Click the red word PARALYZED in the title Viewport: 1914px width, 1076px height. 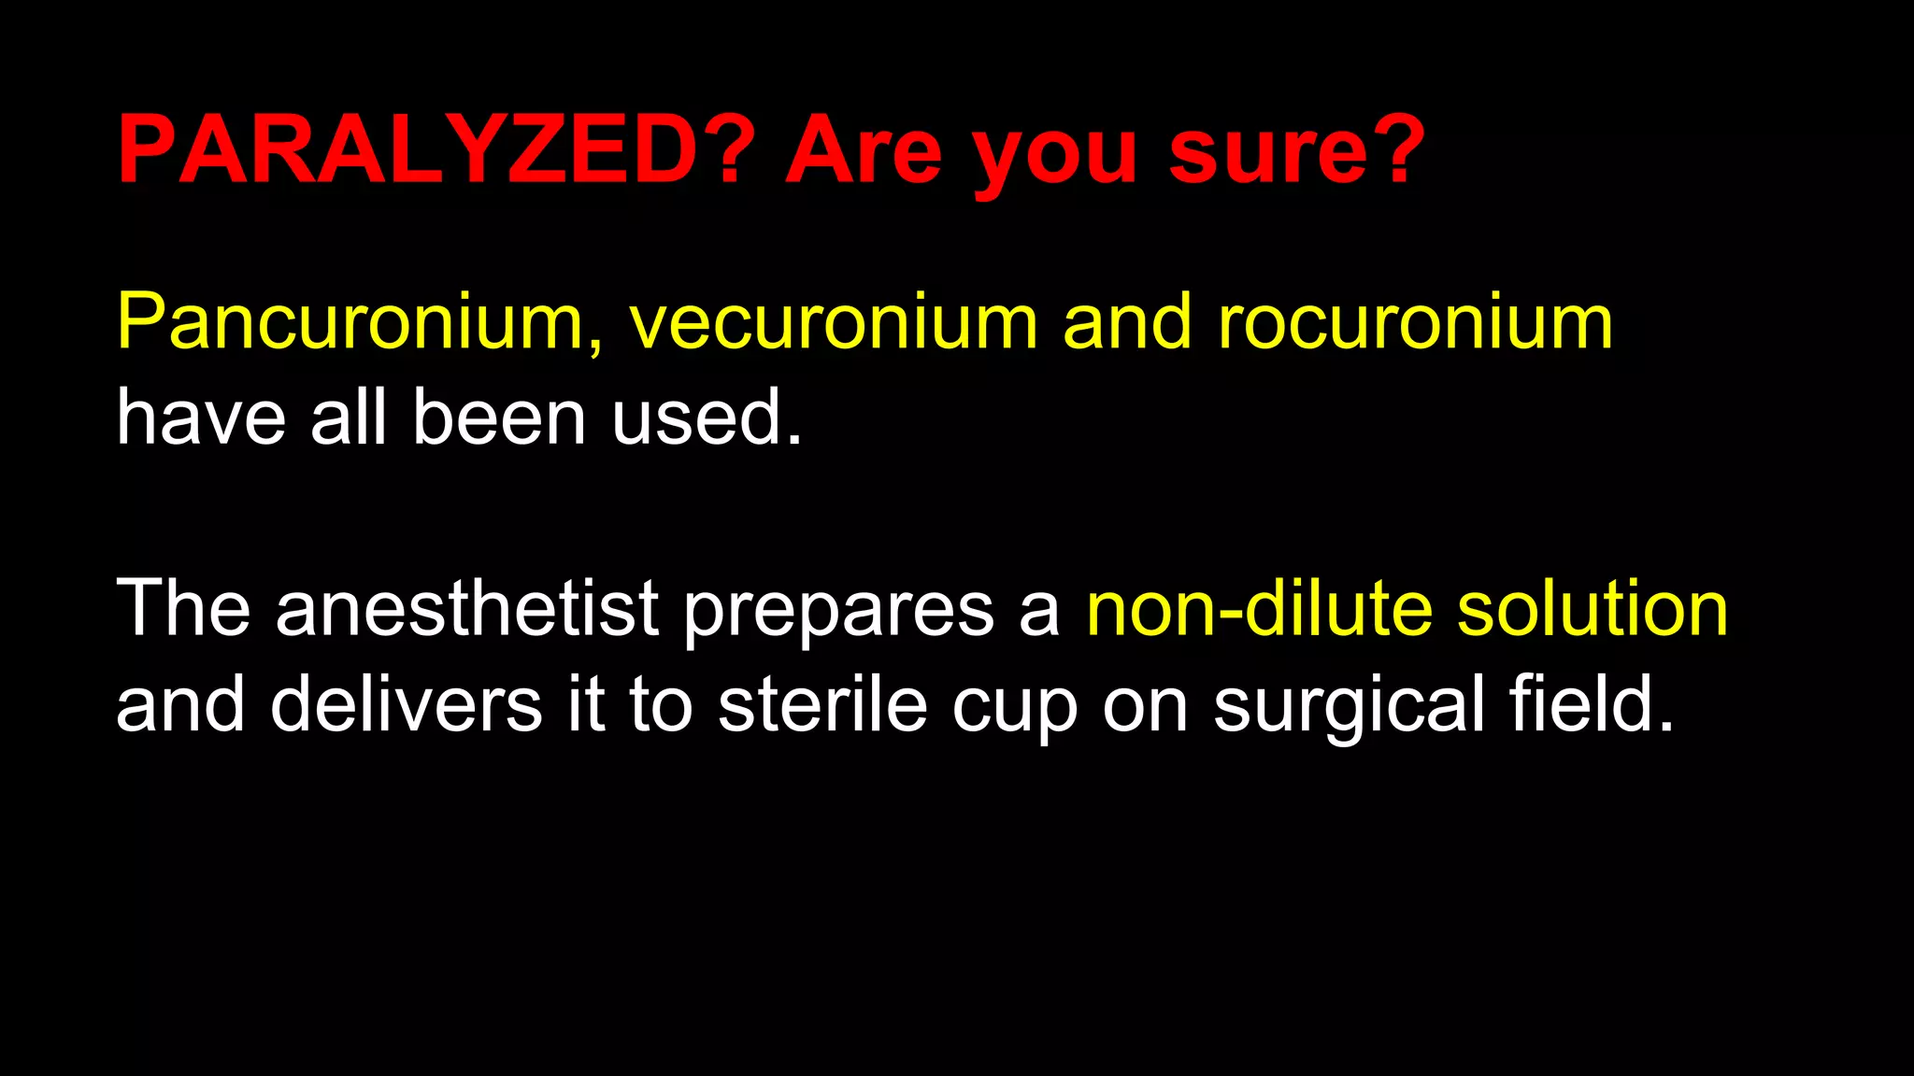click(407, 149)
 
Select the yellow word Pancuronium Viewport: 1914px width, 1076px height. click(350, 322)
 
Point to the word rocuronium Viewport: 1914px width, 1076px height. click(1415, 322)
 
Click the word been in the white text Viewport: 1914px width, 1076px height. click(499, 418)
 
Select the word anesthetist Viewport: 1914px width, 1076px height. click(467, 608)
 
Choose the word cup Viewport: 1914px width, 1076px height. click(1015, 710)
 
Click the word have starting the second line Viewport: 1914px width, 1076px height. click(201, 418)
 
